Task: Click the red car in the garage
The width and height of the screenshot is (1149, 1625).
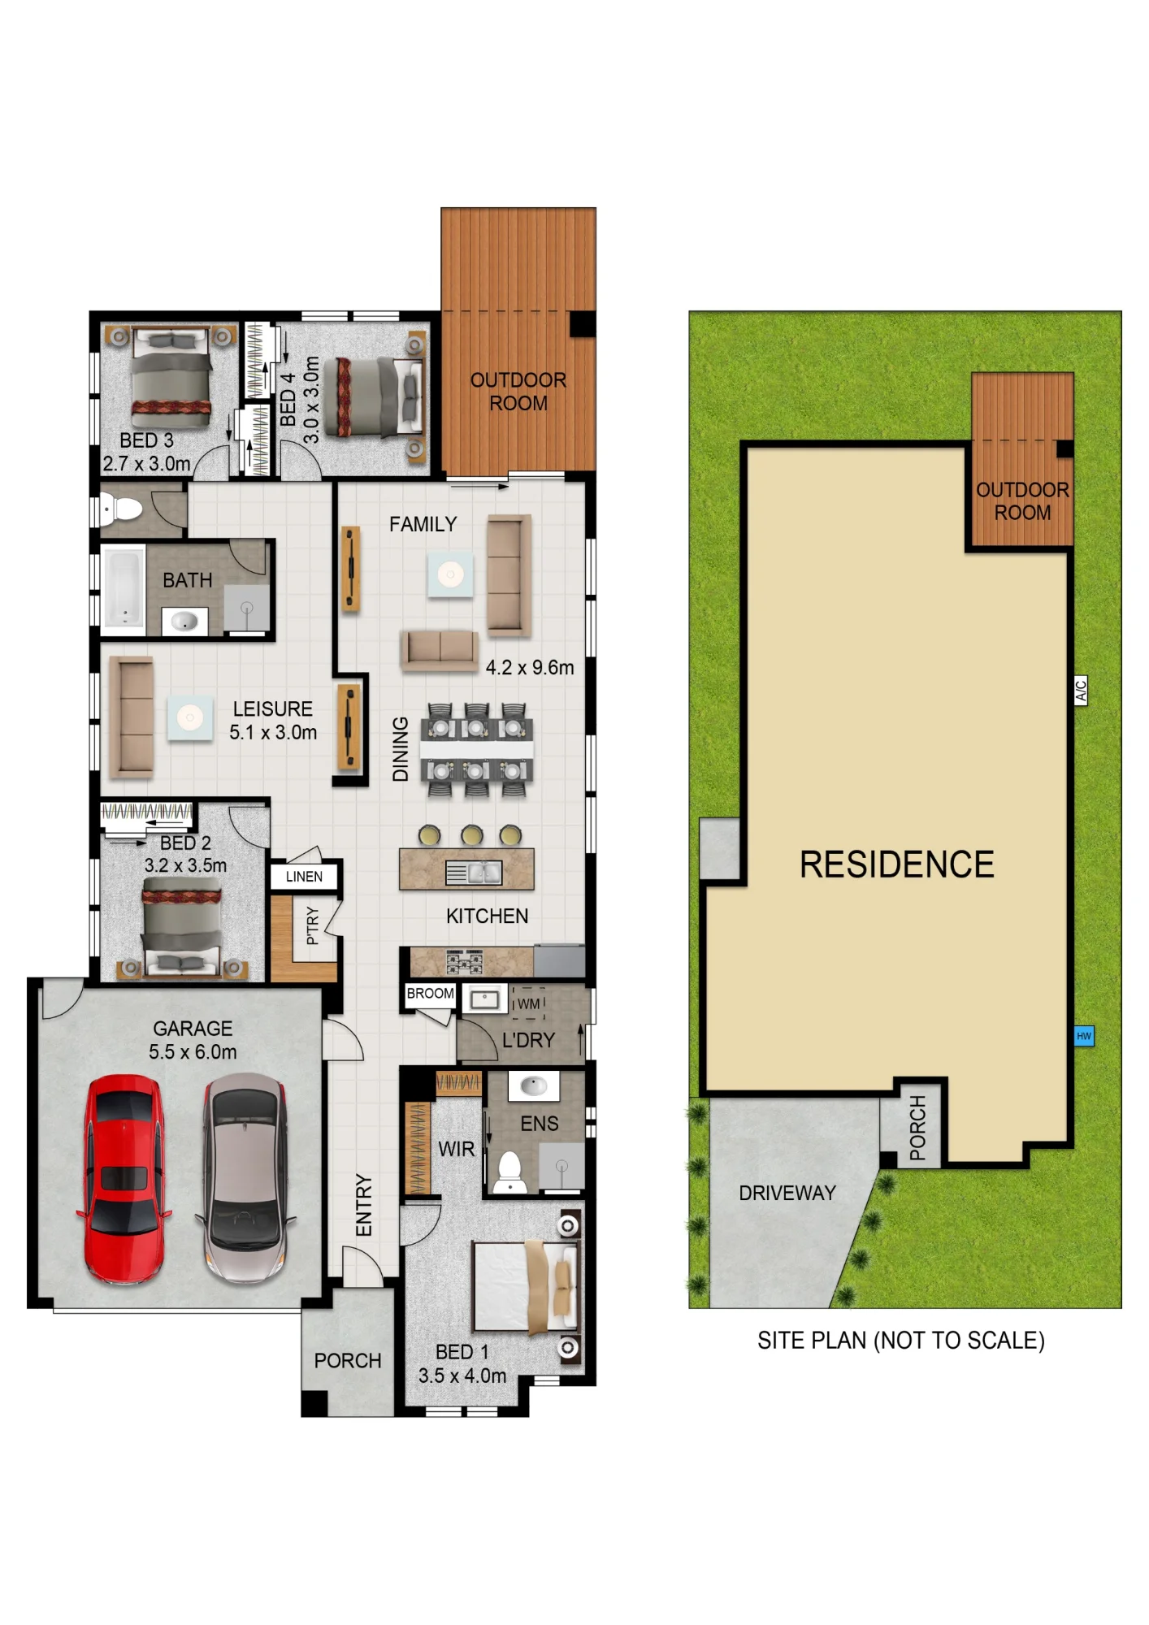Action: pos(124,1179)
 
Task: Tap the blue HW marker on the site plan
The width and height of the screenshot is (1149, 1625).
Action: pos(1084,1036)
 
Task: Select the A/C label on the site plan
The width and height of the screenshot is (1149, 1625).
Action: pos(1081,691)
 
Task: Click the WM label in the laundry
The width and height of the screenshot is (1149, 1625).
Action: pos(528,1004)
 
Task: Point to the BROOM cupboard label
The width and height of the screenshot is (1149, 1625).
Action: pos(430,994)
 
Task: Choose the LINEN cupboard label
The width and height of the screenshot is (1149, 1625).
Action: pos(304,877)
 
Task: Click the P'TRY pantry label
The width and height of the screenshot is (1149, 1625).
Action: pos(313,926)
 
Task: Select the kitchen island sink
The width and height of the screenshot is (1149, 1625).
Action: pos(474,873)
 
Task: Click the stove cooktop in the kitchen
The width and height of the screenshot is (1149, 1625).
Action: pos(464,963)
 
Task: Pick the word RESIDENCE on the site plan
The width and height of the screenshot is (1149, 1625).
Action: pos(897,864)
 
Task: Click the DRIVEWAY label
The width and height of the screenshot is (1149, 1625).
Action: pos(787,1193)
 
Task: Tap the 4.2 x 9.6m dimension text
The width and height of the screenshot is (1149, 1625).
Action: pos(530,668)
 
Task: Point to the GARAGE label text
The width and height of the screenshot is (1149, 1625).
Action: pos(193,1029)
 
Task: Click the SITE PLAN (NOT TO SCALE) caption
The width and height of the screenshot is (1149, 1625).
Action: pos(901,1341)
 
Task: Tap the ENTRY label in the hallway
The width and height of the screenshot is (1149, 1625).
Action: pos(363,1205)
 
